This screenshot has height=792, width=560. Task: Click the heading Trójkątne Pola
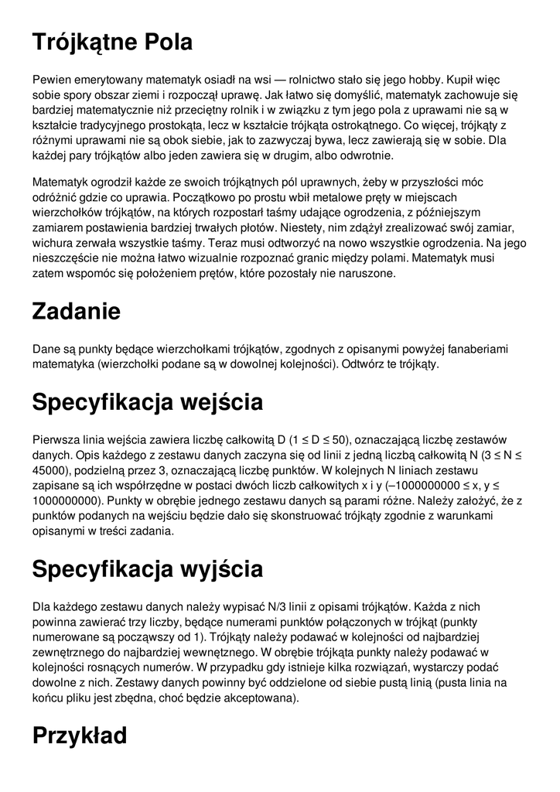112,43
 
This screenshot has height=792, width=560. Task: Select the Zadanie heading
77,312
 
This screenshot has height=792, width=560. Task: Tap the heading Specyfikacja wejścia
147,402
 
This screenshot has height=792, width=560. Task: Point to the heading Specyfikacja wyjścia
147,569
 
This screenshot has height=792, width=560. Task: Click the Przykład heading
80,736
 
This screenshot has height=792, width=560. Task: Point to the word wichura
53,244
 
